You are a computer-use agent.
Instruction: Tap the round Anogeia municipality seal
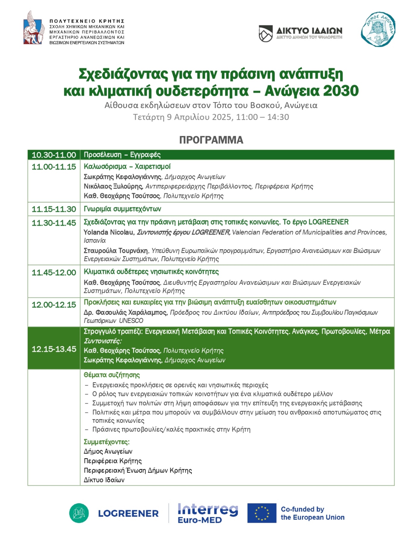[x=378, y=30]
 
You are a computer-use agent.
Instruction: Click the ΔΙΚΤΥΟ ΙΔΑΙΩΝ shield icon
[x=266, y=33]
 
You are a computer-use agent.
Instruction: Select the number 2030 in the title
[x=341, y=91]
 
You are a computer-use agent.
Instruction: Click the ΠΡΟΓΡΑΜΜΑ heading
[x=211, y=140]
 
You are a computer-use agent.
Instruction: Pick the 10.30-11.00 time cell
[x=54, y=155]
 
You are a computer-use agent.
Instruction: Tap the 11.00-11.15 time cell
[x=54, y=167]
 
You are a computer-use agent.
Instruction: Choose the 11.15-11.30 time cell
[x=54, y=209]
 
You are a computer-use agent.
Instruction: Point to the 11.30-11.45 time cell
[x=54, y=223]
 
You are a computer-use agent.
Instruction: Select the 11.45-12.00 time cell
[x=54, y=273]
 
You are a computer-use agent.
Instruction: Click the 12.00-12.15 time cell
[x=54, y=305]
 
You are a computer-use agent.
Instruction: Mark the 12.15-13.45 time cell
[x=54, y=349]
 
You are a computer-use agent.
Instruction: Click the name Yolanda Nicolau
[x=109, y=232]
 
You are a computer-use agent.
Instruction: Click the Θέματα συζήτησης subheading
[x=112, y=375]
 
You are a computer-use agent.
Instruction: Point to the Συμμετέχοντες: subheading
[x=107, y=442]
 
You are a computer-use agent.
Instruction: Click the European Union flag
[x=262, y=513]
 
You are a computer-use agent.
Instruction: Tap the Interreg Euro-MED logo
[x=208, y=513]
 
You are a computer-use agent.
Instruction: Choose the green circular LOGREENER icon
[x=79, y=513]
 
